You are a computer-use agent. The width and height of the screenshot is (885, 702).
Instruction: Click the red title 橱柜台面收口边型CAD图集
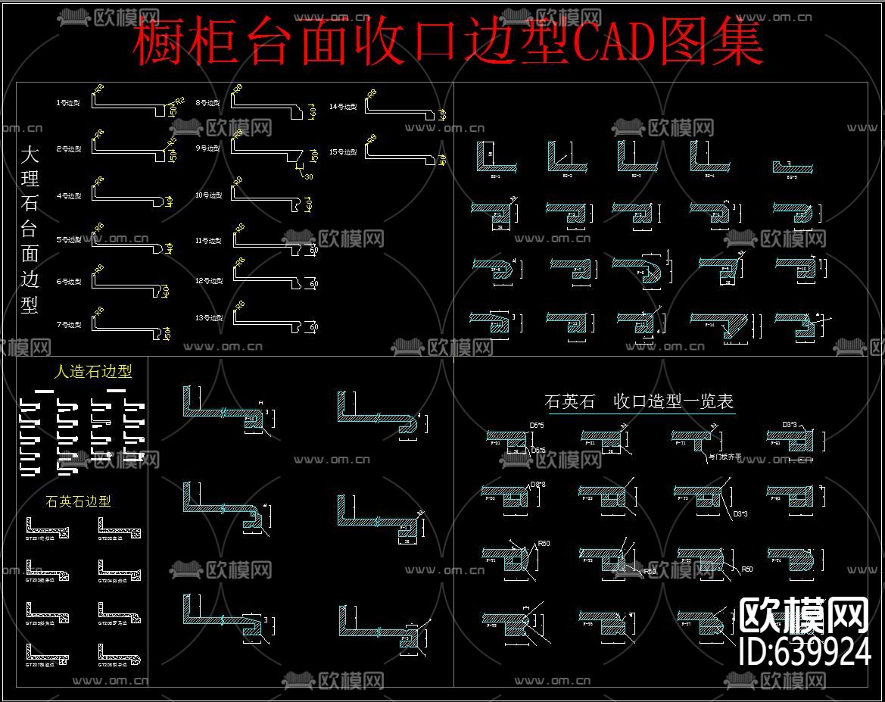point(447,43)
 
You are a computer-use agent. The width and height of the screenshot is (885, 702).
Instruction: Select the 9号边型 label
point(207,148)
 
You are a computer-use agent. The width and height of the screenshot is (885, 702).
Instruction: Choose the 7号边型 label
point(68,325)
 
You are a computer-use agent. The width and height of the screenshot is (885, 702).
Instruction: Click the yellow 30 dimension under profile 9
point(308,177)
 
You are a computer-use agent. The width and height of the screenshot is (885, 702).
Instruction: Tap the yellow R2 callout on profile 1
point(180,100)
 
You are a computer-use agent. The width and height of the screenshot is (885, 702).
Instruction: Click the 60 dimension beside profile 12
point(313,285)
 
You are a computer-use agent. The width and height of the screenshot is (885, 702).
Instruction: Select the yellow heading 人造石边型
point(93,372)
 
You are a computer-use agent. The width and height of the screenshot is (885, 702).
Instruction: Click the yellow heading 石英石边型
point(78,501)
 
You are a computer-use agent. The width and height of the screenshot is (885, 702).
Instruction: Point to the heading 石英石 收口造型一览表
point(639,401)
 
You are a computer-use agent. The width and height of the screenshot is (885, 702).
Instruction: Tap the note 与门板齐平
point(723,457)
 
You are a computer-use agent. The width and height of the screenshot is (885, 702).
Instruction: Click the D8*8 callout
point(538,485)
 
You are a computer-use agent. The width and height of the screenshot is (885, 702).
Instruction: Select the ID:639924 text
point(804,651)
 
